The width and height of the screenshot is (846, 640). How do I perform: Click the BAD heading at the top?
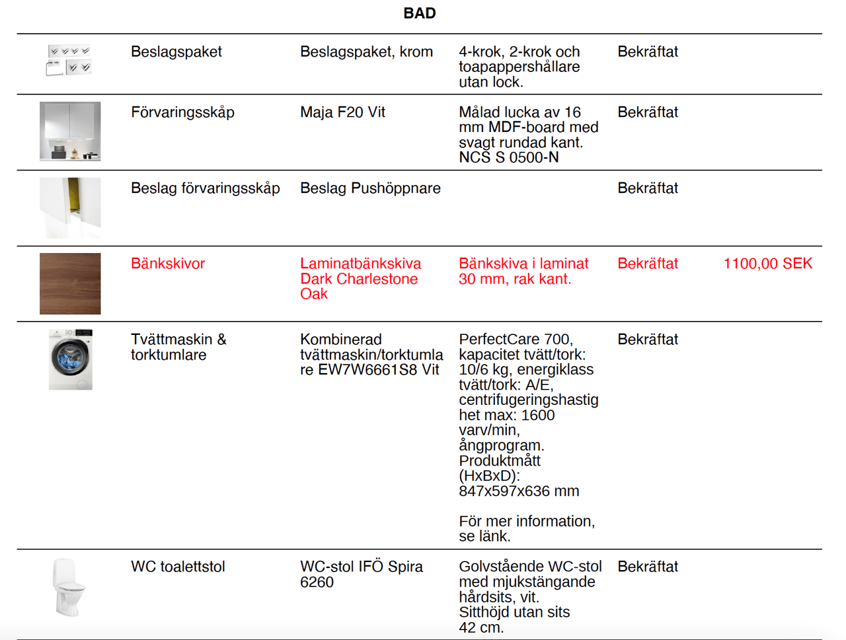point(419,13)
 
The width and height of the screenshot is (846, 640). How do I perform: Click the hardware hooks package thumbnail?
point(69,60)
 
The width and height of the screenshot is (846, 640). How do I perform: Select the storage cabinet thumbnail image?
point(70,131)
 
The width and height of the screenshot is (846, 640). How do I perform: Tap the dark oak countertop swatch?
point(70,283)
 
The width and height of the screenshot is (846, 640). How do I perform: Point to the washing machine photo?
point(70,359)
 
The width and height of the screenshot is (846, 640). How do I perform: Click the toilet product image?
point(69,587)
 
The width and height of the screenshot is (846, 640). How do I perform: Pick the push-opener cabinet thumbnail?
point(70,207)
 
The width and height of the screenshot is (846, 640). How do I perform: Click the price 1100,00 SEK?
point(767,264)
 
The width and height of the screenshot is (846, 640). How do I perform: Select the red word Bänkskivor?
point(168,264)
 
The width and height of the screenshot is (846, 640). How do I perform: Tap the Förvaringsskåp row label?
point(182,112)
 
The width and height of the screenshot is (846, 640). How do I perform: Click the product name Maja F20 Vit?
point(342,112)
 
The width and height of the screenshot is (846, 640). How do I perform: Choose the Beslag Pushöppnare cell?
point(370,188)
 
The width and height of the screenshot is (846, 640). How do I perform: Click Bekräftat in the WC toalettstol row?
point(648,567)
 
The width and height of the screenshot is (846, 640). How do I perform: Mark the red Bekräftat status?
point(648,264)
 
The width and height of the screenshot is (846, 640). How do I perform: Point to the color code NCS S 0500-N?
point(509,157)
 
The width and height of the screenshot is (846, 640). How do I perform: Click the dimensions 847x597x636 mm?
point(519,491)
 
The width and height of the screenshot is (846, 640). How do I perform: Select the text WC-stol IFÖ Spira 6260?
point(361,574)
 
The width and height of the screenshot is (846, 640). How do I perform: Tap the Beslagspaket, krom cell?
point(366,52)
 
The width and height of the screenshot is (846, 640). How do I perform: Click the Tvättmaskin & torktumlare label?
point(178,347)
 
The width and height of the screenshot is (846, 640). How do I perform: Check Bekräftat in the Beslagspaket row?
point(648,52)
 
